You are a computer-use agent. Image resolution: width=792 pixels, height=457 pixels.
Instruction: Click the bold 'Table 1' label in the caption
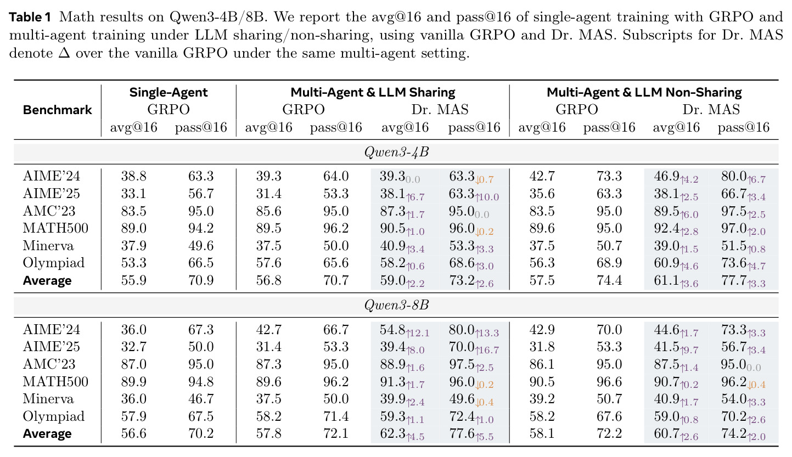(30, 17)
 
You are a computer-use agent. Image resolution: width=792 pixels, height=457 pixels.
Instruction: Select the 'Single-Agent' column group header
(168, 92)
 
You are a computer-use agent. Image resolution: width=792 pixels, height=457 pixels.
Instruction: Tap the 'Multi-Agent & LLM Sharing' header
(373, 92)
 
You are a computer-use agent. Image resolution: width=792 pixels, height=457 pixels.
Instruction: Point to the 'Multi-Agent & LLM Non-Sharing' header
(644, 92)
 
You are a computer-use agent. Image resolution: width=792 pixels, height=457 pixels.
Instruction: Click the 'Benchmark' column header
(57, 110)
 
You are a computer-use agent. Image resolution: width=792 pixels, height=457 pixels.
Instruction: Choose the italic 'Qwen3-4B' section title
(396, 152)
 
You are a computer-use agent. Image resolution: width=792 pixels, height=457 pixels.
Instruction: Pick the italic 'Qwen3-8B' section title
(396, 305)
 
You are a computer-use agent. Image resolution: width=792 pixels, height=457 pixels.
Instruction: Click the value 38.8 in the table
(134, 176)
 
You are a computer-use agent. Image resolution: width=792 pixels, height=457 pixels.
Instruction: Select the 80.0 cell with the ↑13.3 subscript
(462, 329)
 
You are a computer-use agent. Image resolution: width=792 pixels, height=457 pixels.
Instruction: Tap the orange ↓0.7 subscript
(485, 180)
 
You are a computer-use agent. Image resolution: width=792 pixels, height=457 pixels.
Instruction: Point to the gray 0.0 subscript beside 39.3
(413, 180)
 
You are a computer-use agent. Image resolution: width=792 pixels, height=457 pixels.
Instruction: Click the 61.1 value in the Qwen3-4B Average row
(666, 280)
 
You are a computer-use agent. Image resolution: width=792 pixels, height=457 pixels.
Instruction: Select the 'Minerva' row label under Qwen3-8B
(48, 399)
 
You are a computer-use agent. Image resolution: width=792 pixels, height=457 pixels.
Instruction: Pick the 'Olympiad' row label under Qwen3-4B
(54, 263)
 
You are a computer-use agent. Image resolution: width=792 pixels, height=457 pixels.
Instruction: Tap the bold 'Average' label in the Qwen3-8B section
(47, 433)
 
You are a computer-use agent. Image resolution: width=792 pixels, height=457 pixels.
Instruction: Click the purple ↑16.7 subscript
(487, 350)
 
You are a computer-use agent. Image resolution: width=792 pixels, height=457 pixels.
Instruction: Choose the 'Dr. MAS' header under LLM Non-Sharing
(711, 110)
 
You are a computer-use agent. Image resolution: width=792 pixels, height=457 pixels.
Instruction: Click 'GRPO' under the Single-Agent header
(168, 110)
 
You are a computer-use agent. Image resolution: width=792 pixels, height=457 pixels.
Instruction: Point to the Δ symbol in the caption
(64, 53)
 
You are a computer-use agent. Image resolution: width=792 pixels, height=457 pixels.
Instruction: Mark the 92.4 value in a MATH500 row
(666, 228)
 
